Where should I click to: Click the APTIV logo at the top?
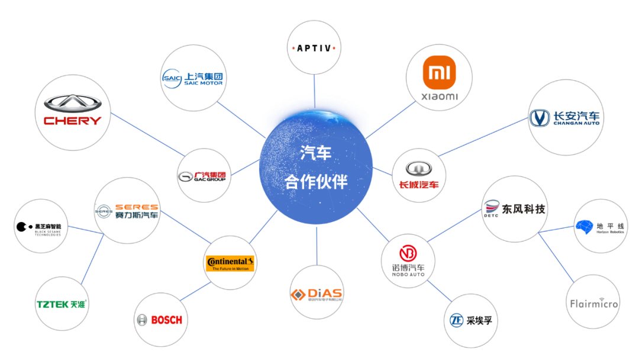coord(315,47)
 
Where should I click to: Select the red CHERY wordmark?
coord(72,120)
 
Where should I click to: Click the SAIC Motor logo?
coord(193,79)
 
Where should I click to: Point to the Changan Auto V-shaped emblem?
coord(540,118)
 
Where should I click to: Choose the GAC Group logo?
coord(202,176)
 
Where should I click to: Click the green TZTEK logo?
coord(61,304)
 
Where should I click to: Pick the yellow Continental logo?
coord(230,263)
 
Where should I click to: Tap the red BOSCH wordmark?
coord(167,320)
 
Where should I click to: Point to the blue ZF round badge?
coord(456,320)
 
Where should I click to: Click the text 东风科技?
coord(524,209)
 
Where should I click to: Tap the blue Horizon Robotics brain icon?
coord(584,227)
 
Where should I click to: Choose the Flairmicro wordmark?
coord(593,304)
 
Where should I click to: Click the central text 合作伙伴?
coord(316,182)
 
